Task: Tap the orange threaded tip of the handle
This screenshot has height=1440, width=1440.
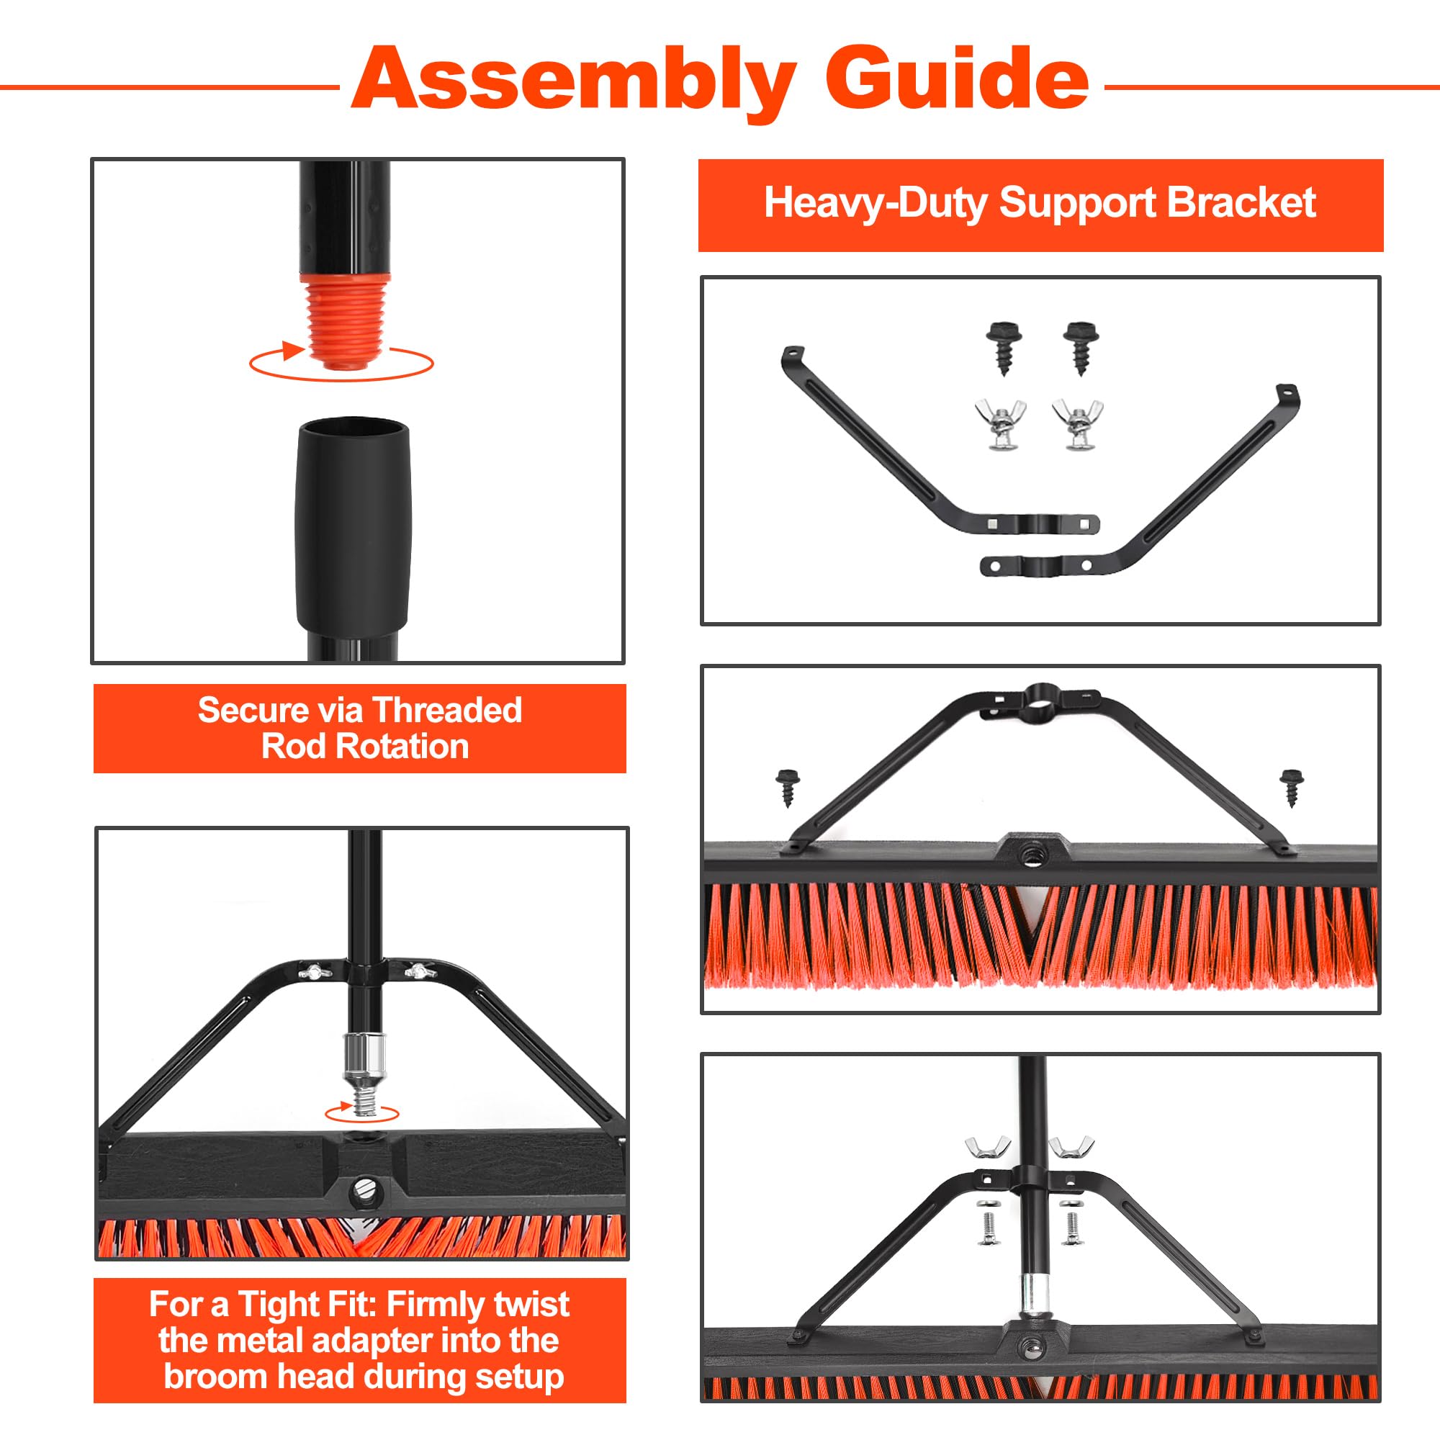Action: pos(344,321)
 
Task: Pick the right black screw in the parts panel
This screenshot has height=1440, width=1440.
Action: pos(1081,347)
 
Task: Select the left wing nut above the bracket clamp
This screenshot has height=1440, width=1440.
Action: pos(988,1148)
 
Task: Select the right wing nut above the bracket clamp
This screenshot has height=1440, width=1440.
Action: pos(1071,1148)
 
